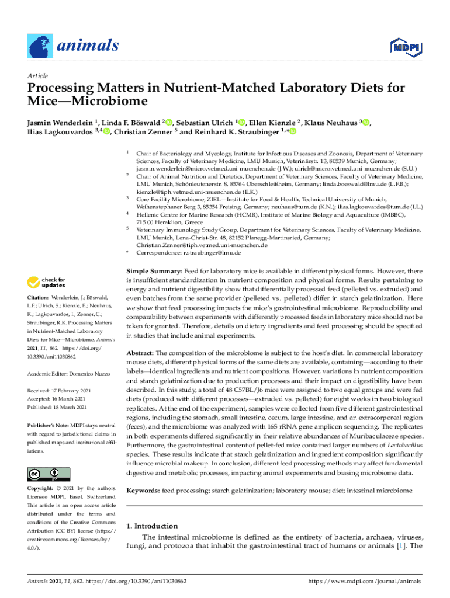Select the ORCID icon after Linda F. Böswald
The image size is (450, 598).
169,123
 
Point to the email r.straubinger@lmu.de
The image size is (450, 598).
213,253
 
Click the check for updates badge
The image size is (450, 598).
47,283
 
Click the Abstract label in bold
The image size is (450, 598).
140,353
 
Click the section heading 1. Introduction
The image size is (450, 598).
152,526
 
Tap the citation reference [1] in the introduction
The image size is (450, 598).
400,547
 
